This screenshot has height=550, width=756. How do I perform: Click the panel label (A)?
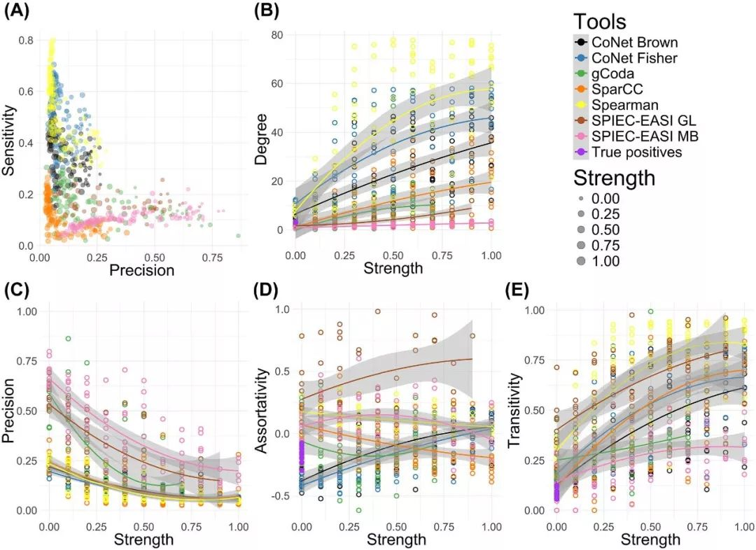pos(17,11)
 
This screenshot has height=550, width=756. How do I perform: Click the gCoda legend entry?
pos(613,74)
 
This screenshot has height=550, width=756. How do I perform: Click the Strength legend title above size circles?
pos(615,178)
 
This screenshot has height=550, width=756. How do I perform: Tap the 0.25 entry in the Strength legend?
pos(606,214)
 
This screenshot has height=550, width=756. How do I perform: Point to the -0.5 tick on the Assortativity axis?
pos(281,496)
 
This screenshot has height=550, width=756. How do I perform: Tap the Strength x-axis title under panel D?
pos(395,540)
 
